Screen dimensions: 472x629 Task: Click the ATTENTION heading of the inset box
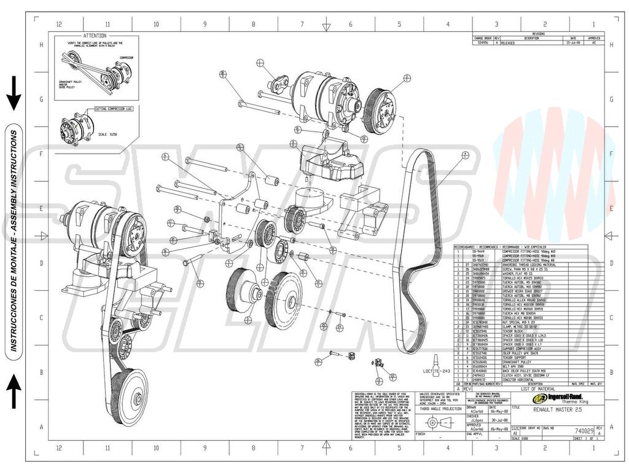95,36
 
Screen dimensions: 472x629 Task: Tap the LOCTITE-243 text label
437,371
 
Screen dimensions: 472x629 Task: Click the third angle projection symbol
439,423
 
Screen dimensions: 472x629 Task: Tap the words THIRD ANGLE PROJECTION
440,408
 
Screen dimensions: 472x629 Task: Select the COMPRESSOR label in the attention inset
127,57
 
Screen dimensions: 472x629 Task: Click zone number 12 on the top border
59,24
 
